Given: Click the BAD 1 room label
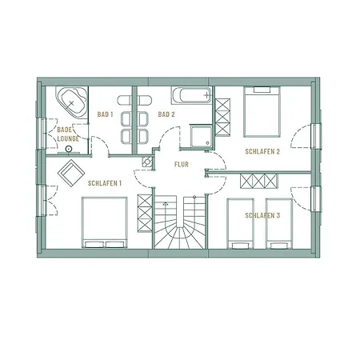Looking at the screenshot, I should click(x=106, y=115).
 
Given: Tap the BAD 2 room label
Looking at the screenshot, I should click(x=166, y=115).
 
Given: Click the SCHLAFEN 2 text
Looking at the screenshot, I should click(x=261, y=153).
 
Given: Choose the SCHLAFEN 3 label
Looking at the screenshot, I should click(x=262, y=216).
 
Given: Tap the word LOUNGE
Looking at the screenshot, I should click(x=67, y=138).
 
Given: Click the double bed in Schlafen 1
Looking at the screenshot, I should click(x=103, y=222).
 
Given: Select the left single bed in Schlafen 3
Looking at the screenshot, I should click(x=242, y=222).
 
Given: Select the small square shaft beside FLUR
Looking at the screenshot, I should click(x=147, y=161).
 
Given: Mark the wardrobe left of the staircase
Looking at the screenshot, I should click(x=145, y=210).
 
